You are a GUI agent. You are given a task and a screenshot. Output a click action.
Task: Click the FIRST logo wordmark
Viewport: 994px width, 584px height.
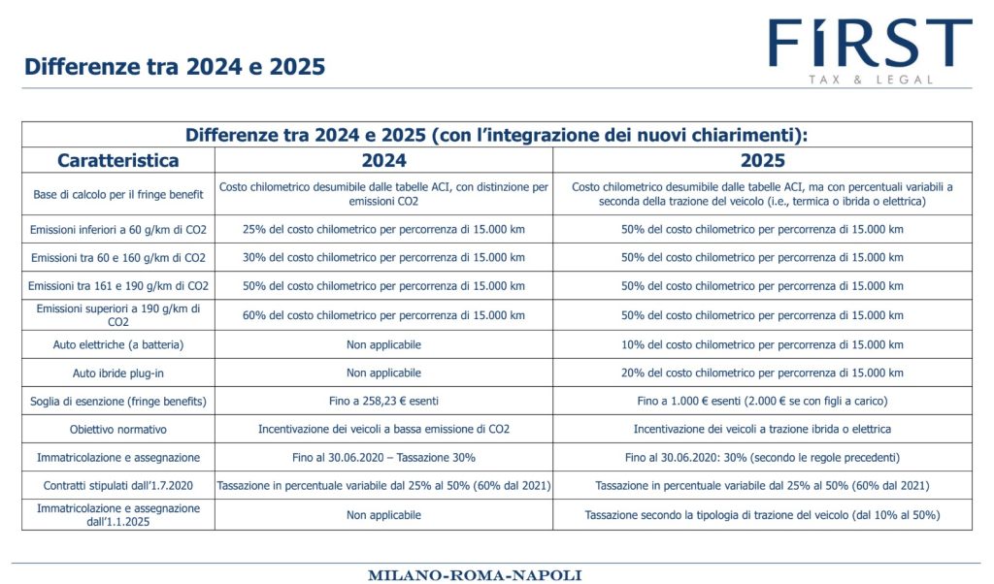870,43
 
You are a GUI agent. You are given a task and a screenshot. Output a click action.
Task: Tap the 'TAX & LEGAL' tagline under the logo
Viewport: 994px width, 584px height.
871,80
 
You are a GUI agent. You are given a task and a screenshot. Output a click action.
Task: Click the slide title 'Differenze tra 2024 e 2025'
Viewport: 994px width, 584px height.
175,67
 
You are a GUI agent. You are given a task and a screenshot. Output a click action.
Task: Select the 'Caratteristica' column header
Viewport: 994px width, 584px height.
117,160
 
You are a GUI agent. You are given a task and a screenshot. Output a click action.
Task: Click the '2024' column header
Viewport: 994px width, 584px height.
383,160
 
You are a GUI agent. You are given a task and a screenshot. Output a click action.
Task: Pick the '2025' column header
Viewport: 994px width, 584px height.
762,160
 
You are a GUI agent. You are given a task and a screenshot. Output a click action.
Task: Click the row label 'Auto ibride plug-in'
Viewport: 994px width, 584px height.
117,373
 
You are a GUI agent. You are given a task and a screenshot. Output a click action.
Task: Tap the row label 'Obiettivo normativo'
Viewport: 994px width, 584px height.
117,430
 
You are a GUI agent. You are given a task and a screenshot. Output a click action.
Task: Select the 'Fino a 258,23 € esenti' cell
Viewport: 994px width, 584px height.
383,401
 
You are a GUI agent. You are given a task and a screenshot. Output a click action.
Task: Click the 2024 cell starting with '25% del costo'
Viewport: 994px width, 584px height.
383,229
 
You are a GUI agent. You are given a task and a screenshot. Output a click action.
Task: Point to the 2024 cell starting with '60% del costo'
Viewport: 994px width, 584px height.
383,315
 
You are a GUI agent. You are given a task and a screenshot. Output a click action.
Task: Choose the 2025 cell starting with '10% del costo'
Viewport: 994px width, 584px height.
762,344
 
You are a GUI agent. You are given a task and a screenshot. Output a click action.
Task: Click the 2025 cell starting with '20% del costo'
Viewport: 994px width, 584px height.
762,373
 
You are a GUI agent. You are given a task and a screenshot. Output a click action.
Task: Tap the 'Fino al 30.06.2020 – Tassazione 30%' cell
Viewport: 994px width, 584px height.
383,457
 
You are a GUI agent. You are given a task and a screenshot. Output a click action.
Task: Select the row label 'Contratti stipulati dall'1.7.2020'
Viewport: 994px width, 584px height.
117,486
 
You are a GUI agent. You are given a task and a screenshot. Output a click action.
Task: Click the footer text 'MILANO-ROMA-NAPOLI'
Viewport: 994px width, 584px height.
474,575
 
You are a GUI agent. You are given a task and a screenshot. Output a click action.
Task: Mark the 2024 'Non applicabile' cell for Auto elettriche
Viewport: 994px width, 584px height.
383,344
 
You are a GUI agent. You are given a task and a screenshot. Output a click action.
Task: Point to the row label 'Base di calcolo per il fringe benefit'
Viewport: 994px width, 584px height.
117,194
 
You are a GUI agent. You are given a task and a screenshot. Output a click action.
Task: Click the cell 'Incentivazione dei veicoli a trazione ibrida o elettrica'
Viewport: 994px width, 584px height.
762,430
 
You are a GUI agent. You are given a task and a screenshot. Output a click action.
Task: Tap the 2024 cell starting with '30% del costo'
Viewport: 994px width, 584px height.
383,258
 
